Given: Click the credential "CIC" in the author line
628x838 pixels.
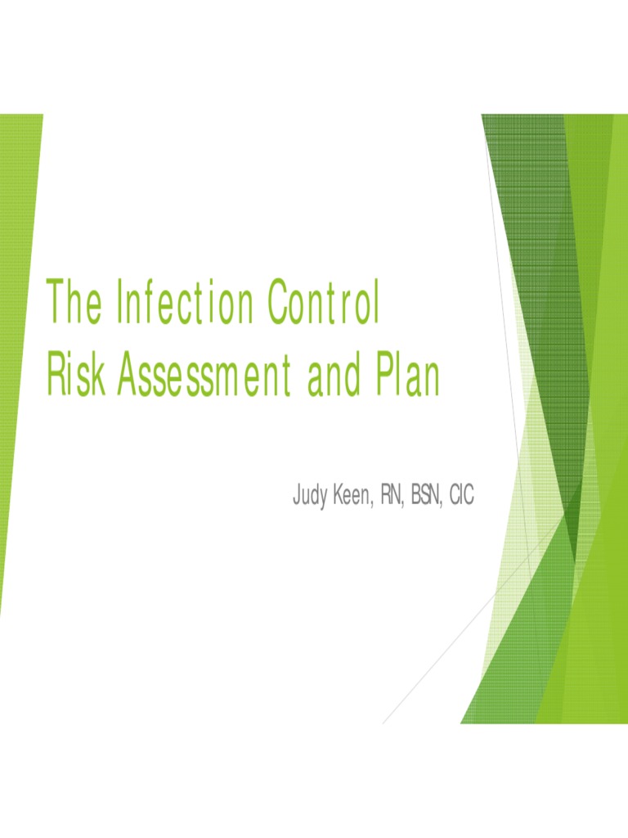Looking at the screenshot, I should point(460,496).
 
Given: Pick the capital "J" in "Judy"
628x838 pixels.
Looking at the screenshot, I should point(297,496).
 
